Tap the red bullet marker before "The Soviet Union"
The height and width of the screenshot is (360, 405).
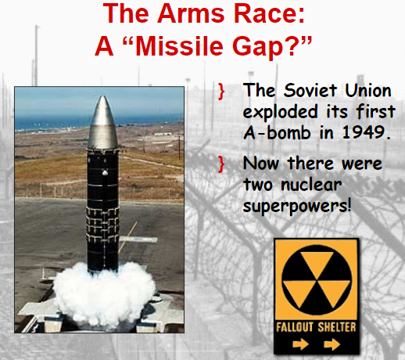221,92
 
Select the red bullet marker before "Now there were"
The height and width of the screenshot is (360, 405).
221,165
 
